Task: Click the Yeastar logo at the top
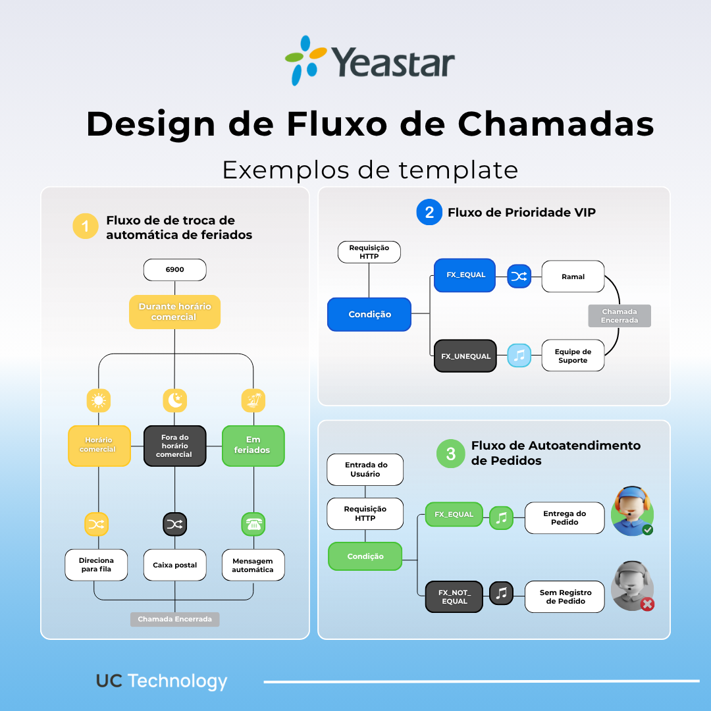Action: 369,61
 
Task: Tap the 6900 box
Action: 174,270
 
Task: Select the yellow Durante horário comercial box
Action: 174,312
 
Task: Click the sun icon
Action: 99,400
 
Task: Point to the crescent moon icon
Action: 174,400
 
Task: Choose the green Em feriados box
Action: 253,446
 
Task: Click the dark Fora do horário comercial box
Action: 174,446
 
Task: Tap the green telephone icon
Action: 253,524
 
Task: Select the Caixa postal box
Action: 174,565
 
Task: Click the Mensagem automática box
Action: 253,565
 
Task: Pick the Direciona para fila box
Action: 96,565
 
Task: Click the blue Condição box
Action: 369,315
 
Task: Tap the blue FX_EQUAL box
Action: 465,275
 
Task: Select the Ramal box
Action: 573,276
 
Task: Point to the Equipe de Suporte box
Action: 573,355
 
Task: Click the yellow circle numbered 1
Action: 86,226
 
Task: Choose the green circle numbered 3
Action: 451,454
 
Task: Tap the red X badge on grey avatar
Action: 647,604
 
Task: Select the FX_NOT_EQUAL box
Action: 454,596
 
